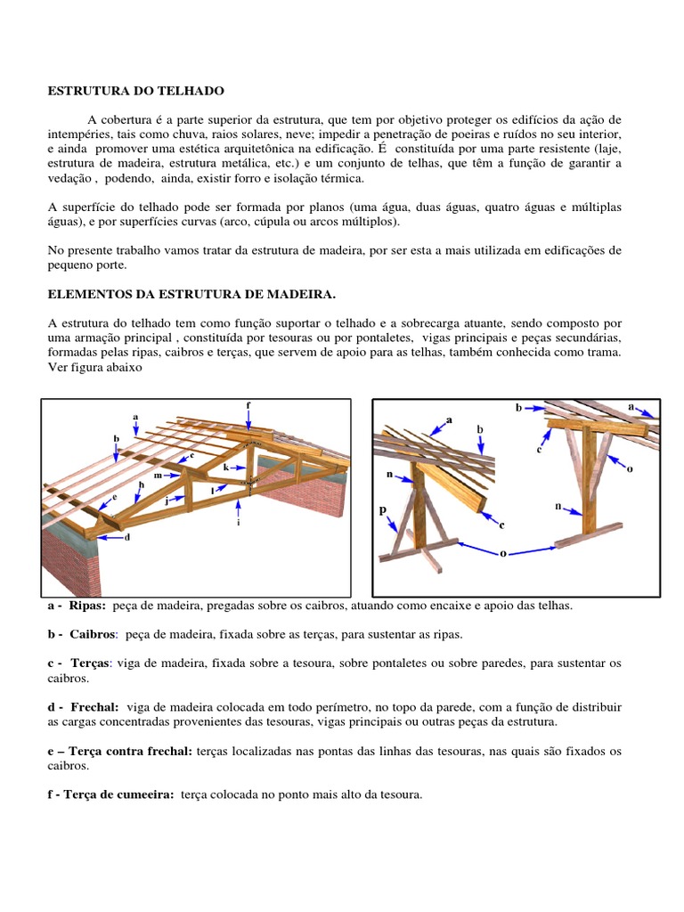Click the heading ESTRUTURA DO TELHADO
click(x=135, y=91)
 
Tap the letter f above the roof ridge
click(x=248, y=405)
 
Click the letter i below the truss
click(x=239, y=523)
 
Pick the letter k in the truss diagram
click(x=225, y=467)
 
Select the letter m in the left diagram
click(x=157, y=476)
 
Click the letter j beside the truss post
click(x=167, y=501)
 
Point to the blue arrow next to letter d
click(x=110, y=536)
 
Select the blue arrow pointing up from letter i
click(x=239, y=508)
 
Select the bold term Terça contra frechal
click(x=130, y=751)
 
